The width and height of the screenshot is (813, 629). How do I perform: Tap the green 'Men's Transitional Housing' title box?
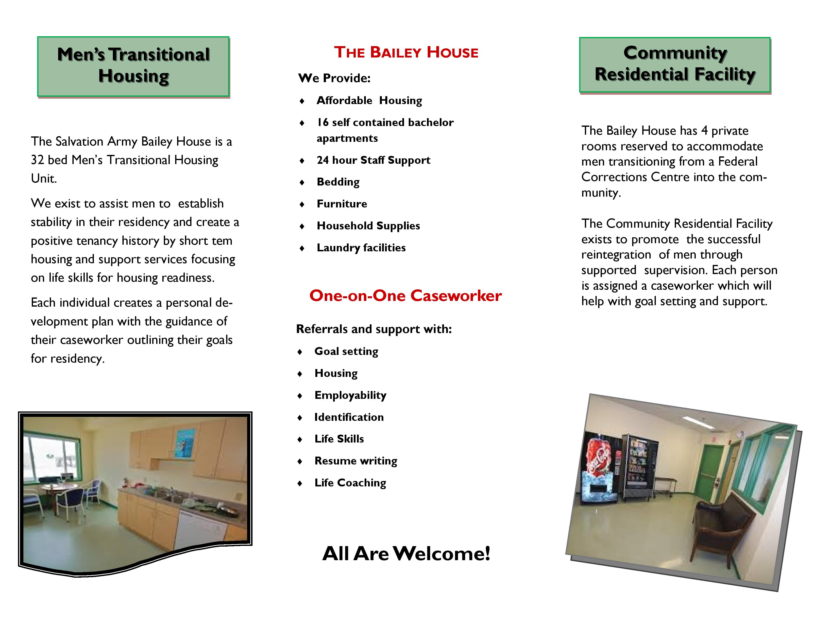(133, 67)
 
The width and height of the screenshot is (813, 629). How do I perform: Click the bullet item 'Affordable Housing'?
(369, 101)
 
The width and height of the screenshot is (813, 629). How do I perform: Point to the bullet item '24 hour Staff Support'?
(373, 160)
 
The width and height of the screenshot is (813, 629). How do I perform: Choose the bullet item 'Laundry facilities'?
(361, 248)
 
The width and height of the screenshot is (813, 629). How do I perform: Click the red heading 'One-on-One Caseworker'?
(405, 296)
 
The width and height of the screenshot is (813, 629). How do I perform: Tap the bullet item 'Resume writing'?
(356, 461)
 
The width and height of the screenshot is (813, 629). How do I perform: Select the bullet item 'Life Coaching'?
(350, 483)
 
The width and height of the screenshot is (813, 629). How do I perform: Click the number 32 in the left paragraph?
(37, 160)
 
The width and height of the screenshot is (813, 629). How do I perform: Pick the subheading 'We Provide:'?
(334, 78)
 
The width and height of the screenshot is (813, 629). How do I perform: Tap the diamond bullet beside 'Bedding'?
(302, 183)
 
